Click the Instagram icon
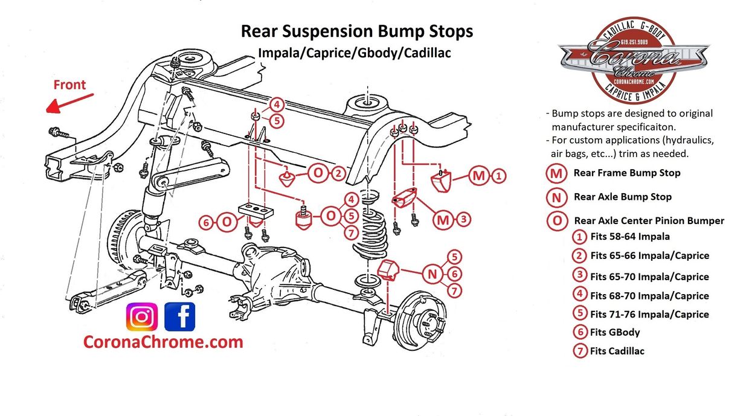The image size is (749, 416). tap(142, 316)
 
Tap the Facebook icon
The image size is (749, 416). tap(180, 316)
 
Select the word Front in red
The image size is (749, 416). tap(69, 85)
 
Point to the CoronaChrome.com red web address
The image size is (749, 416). tap(163, 342)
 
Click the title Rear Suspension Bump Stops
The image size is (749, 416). tap(357, 31)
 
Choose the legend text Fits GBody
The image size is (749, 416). tap(615, 332)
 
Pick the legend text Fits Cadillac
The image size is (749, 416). tap(617, 351)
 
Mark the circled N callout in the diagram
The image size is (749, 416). tap(432, 274)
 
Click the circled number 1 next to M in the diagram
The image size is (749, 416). tap(498, 176)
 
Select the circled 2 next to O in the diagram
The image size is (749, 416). tap(338, 174)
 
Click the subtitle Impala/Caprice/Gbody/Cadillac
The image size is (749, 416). tap(355, 53)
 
